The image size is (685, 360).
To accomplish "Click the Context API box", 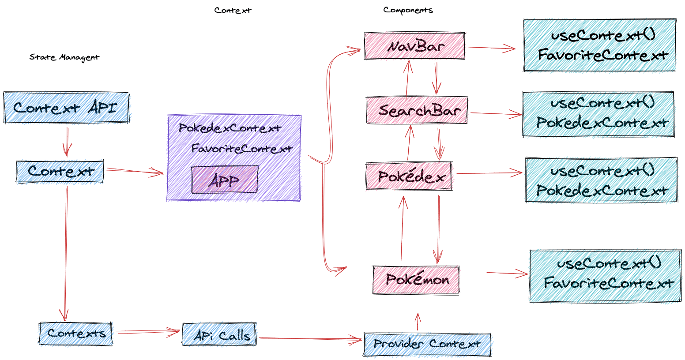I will click(x=66, y=108).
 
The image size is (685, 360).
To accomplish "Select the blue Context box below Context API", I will click(x=60, y=172).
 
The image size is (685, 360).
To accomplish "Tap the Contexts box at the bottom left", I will click(x=75, y=334).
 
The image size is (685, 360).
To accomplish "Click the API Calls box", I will click(x=219, y=335).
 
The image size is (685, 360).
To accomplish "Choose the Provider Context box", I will click(x=427, y=345).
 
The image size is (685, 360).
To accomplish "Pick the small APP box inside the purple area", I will click(x=225, y=180).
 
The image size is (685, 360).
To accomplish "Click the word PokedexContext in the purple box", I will click(x=230, y=128).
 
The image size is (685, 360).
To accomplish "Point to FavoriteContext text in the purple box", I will click(x=242, y=149).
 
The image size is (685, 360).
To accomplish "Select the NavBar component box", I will click(x=414, y=46).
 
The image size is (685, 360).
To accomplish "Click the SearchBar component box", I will click(x=417, y=110).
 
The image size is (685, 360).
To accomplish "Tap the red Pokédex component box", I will click(x=409, y=176).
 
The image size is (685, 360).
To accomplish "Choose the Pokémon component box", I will click(x=416, y=280).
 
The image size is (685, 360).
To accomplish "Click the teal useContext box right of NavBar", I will click(x=599, y=45).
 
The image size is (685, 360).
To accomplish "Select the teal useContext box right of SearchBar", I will click(x=598, y=114).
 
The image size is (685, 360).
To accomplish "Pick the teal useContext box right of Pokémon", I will click(x=605, y=276).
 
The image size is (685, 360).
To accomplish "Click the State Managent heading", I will click(x=64, y=57).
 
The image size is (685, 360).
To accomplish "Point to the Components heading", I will click(x=408, y=10).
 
